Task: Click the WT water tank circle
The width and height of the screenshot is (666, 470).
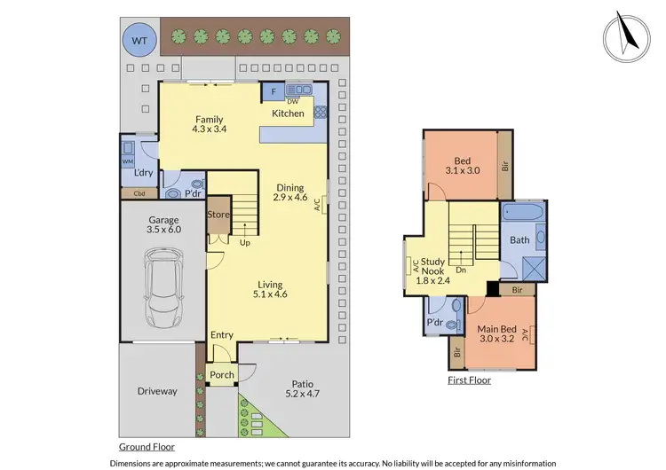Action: [x=139, y=39]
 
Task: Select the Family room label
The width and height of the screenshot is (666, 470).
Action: [x=210, y=124]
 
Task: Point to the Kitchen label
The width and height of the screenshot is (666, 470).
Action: [x=288, y=114]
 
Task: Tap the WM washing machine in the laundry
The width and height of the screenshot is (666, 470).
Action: [x=128, y=162]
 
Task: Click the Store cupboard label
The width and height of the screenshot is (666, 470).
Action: [x=218, y=215]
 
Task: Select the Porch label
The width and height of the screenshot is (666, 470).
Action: [x=222, y=375]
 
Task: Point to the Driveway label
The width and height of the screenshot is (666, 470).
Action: [x=157, y=391]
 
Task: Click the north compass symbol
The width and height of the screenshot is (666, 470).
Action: [x=625, y=37]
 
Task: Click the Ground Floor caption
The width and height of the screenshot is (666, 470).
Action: [x=147, y=448]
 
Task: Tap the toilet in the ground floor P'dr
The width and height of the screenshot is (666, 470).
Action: [x=173, y=192]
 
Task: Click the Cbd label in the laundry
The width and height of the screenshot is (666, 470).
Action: [x=139, y=192]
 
